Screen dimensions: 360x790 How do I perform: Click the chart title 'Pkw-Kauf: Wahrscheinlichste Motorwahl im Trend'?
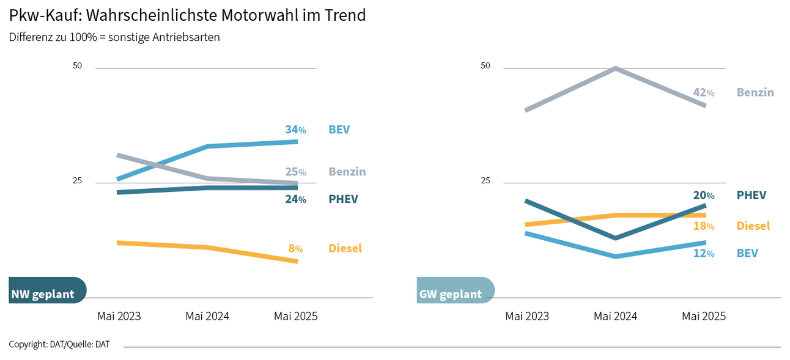pos(187,15)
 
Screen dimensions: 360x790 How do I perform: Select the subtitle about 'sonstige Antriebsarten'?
pos(114,37)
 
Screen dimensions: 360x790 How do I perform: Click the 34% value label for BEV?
pos(295,130)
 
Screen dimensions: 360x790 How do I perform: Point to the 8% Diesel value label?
pos(295,248)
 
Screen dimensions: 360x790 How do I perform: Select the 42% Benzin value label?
pos(703,93)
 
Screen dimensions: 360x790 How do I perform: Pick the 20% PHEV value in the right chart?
pos(703,196)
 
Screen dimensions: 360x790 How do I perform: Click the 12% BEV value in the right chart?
pos(703,253)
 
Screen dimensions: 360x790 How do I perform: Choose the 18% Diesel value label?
pos(703,226)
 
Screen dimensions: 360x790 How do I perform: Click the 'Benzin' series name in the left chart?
pos(347,172)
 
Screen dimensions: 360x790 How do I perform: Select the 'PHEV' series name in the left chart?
pos(343,199)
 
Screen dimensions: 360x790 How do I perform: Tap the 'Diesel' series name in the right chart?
pos(753,226)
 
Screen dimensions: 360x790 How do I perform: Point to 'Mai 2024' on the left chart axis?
pos(207,316)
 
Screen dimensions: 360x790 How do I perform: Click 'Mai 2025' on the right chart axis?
pos(703,316)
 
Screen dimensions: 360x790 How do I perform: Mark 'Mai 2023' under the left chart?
pos(119,316)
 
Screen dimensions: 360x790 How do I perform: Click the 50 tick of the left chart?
pos(78,66)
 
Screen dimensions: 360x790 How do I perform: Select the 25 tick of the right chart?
pos(485,181)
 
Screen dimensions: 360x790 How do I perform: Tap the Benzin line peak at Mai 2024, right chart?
pos(615,68)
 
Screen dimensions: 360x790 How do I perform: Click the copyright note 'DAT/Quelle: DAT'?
pos(59,345)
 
